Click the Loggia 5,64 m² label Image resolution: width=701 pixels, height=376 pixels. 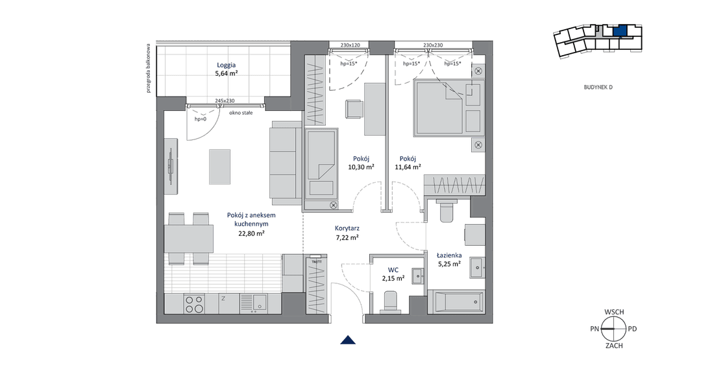pos(227,69)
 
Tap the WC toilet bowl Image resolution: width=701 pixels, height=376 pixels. pos(390,301)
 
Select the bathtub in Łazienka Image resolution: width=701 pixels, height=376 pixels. pos(456,302)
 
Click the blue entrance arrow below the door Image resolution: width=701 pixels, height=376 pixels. pos(348,340)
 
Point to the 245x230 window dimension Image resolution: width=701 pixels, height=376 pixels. pos(225,101)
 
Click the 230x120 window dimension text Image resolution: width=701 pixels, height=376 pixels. pos(350,45)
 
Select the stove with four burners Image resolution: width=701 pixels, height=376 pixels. pos(195,304)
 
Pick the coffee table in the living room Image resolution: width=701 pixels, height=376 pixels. pos(219,167)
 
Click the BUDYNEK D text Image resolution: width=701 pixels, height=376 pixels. pos(598,87)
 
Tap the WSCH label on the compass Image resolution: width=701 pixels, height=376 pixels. pos(614,312)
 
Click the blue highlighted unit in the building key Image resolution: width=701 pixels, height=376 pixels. pos(620,31)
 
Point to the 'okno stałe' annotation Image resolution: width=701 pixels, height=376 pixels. pos(241,113)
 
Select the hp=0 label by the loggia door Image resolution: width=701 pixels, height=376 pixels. pos(201,119)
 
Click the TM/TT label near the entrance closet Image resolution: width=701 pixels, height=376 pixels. pos(317,262)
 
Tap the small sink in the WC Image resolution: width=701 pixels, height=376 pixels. pos(418,276)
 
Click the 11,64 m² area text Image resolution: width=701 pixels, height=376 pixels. pos(408,167)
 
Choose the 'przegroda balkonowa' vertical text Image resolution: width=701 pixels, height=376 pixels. pos(149,68)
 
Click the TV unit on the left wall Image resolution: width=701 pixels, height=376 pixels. pos(171,166)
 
